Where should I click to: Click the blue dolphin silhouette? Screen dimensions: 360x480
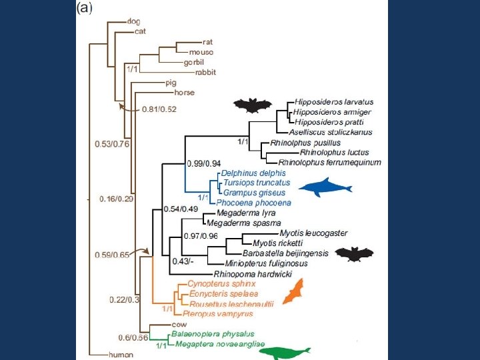click(x=324, y=188)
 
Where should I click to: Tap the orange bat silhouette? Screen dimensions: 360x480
click(x=292, y=292)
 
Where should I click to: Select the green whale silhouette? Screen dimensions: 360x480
click(x=287, y=352)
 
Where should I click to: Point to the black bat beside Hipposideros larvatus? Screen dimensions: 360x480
click(x=253, y=105)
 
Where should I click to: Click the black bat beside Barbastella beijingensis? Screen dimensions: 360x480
click(x=354, y=254)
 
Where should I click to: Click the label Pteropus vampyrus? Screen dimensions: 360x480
click(x=211, y=312)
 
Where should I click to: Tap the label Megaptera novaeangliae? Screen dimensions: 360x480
click(x=220, y=344)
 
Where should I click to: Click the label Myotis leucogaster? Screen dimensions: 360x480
click(x=313, y=233)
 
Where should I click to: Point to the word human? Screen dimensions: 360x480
click(x=121, y=355)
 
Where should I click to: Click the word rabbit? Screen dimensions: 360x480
click(x=205, y=72)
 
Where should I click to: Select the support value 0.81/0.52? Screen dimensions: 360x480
click(x=159, y=109)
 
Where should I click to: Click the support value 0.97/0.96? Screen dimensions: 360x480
click(x=201, y=236)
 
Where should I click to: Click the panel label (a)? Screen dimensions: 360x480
click(x=85, y=8)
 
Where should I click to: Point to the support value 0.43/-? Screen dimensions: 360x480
click(x=183, y=261)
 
